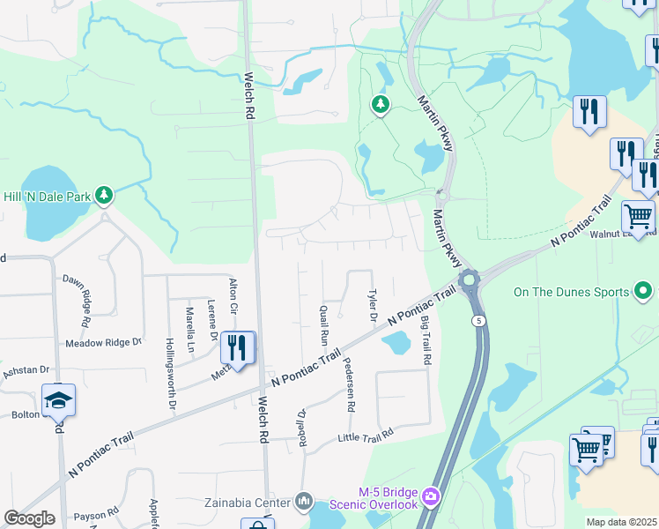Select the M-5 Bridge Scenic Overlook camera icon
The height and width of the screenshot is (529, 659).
[431, 497]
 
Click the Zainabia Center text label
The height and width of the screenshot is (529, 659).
[246, 500]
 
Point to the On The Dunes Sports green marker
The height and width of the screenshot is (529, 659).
[644, 290]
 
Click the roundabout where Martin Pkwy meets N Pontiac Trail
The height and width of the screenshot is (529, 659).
[468, 281]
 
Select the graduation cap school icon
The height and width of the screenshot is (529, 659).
[59, 401]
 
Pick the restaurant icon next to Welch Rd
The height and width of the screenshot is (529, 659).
[237, 346]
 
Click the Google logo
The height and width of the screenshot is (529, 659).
[29, 518]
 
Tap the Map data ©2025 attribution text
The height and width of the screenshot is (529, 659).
[621, 522]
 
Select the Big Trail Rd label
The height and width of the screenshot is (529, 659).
[426, 341]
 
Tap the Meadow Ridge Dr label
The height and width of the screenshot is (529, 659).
[103, 342]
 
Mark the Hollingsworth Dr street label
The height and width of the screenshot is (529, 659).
[170, 375]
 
